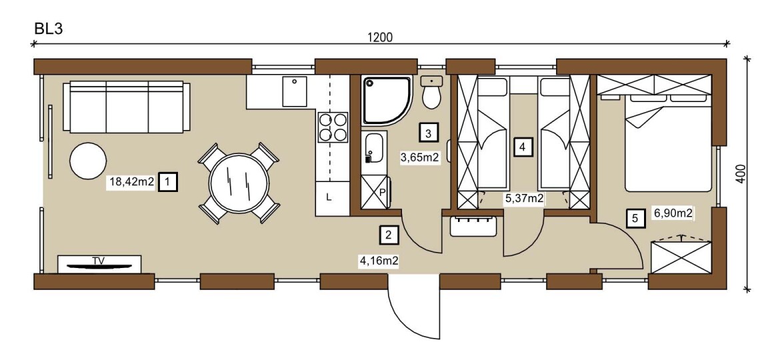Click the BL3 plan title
48,29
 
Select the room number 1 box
167,183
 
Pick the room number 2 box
389,234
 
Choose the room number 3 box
429,132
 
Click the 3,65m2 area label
420,158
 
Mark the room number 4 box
521,147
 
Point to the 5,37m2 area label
524,199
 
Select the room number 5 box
635,218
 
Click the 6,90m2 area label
673,214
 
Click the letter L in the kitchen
328,197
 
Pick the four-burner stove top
333,127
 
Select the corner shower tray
387,100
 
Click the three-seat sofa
127,107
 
